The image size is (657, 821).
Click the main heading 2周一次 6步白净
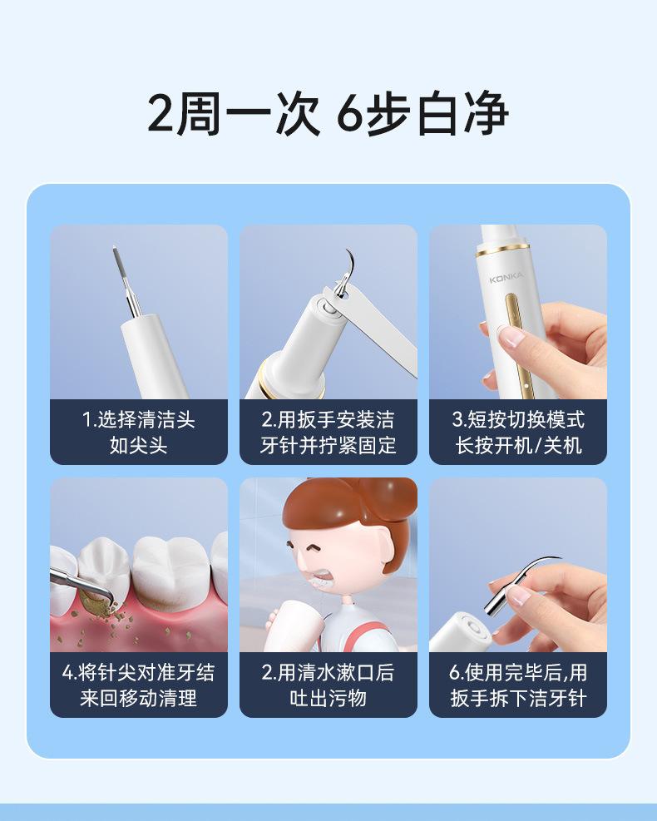pos(328,114)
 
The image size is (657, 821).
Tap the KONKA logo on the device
pos(506,278)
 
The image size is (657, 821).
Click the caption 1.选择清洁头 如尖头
pos(139,433)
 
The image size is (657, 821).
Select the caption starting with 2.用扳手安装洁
pos(328,433)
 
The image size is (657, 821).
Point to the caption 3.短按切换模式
pos(518,420)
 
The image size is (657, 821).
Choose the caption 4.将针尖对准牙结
pos(139,673)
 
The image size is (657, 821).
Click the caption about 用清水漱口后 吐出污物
pos(328,685)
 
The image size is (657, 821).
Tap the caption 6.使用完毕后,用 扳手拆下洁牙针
pos(518,685)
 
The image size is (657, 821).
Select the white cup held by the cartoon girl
pos(293,626)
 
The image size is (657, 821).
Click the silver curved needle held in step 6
pos(518,583)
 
